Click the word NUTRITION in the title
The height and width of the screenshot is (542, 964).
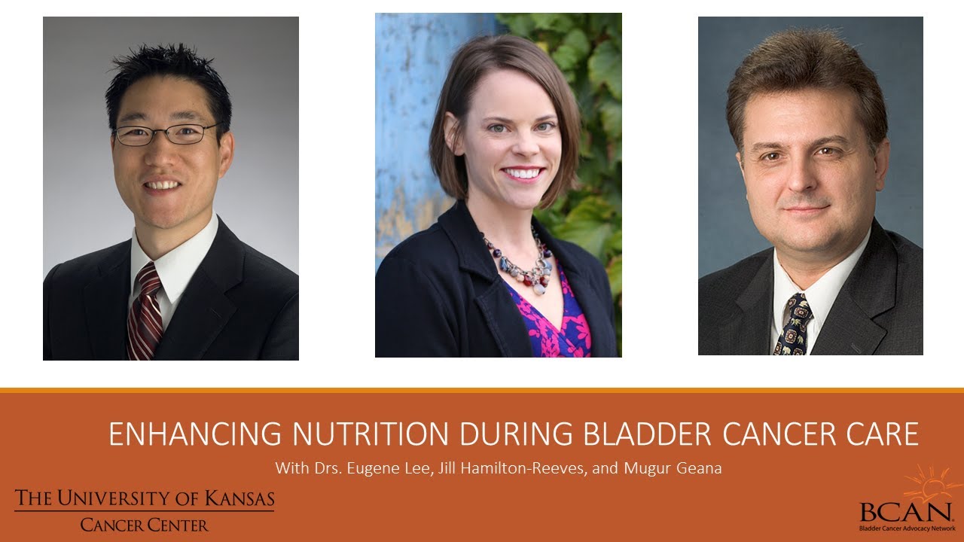pyautogui.click(x=370, y=434)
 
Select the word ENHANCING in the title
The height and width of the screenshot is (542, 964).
pyautogui.click(x=195, y=434)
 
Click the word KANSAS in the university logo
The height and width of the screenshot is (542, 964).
pyautogui.click(x=239, y=498)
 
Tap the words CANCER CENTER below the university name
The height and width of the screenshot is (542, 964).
pyautogui.click(x=144, y=525)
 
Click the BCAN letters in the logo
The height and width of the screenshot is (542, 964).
pyautogui.click(x=905, y=512)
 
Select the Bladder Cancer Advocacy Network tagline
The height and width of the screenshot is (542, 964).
pyautogui.click(x=908, y=528)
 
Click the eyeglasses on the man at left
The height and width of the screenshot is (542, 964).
pyautogui.click(x=166, y=134)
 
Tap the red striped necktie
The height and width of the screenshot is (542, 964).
pyautogui.click(x=145, y=312)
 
